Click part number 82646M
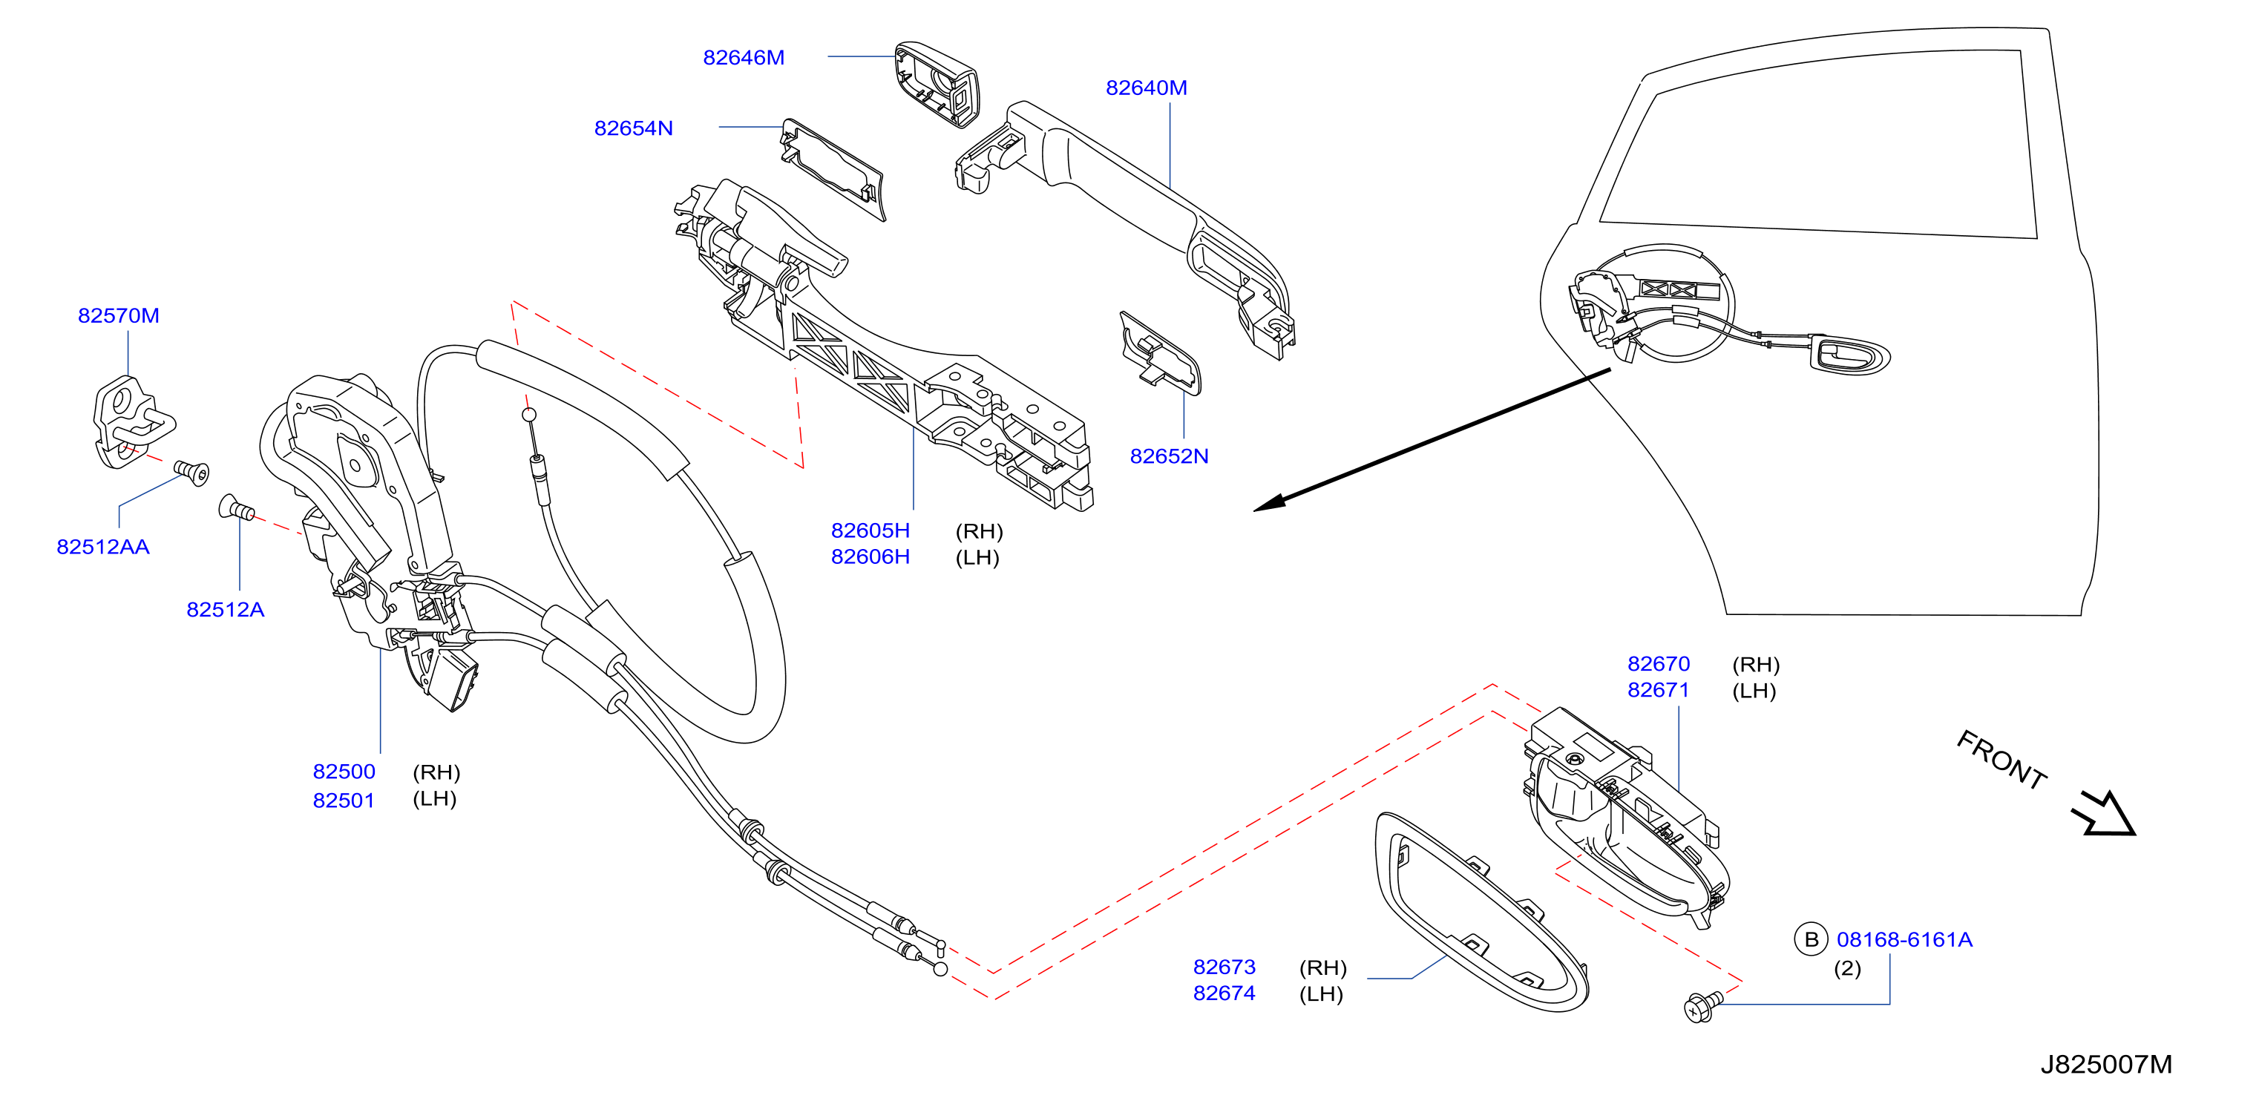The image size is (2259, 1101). [744, 58]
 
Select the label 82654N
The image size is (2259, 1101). [633, 128]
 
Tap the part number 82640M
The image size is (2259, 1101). [1146, 88]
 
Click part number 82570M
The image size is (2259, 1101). [119, 315]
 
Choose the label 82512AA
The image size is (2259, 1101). [102, 547]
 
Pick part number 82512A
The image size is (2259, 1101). [226, 610]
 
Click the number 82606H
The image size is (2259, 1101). [870, 556]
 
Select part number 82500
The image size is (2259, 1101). [344, 772]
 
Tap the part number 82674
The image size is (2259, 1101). [1224, 993]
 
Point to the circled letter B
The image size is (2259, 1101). [1811, 940]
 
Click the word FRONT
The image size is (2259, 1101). [2002, 759]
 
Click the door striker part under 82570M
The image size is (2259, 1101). [131, 421]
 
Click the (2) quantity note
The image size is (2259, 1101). [1847, 969]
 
